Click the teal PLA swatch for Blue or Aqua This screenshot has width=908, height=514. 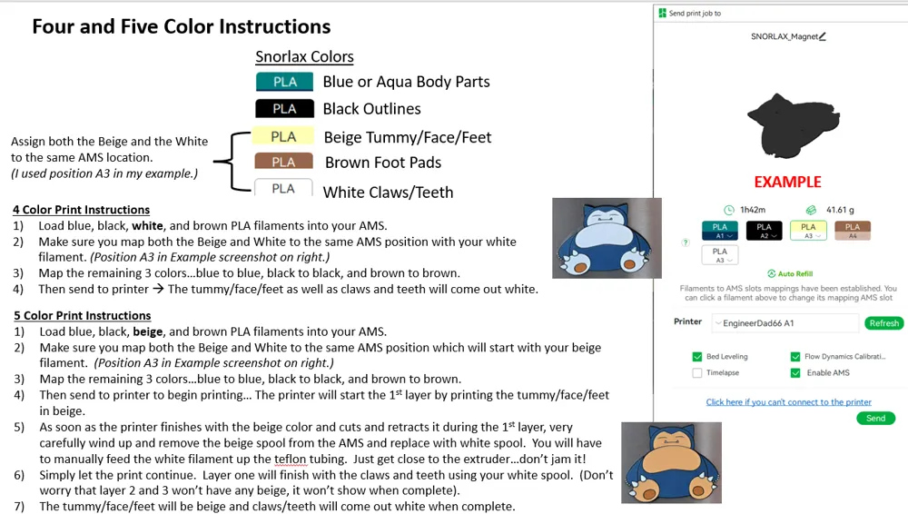[x=284, y=82]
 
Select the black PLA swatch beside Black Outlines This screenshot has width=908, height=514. [x=284, y=109]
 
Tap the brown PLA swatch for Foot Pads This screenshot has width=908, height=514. [x=283, y=162]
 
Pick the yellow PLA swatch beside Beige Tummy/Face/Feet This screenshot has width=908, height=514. [x=283, y=136]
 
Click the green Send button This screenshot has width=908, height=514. [x=875, y=419]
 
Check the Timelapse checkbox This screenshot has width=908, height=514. [x=697, y=373]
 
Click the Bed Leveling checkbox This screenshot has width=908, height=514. [x=697, y=357]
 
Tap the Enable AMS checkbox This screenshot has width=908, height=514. [x=795, y=373]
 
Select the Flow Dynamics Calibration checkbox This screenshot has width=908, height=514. [x=795, y=357]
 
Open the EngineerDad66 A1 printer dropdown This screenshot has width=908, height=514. [x=785, y=323]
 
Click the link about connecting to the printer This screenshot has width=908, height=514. [x=789, y=402]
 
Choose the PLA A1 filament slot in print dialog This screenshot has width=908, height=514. [x=720, y=231]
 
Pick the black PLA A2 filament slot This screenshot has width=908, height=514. [x=765, y=231]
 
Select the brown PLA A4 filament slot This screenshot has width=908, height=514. [x=853, y=231]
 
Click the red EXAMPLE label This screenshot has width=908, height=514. [x=787, y=182]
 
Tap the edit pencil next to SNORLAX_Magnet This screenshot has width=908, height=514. [x=823, y=36]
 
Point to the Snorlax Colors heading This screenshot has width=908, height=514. [x=304, y=57]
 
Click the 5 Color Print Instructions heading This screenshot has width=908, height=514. [x=83, y=316]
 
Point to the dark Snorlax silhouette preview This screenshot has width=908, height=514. [x=793, y=125]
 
